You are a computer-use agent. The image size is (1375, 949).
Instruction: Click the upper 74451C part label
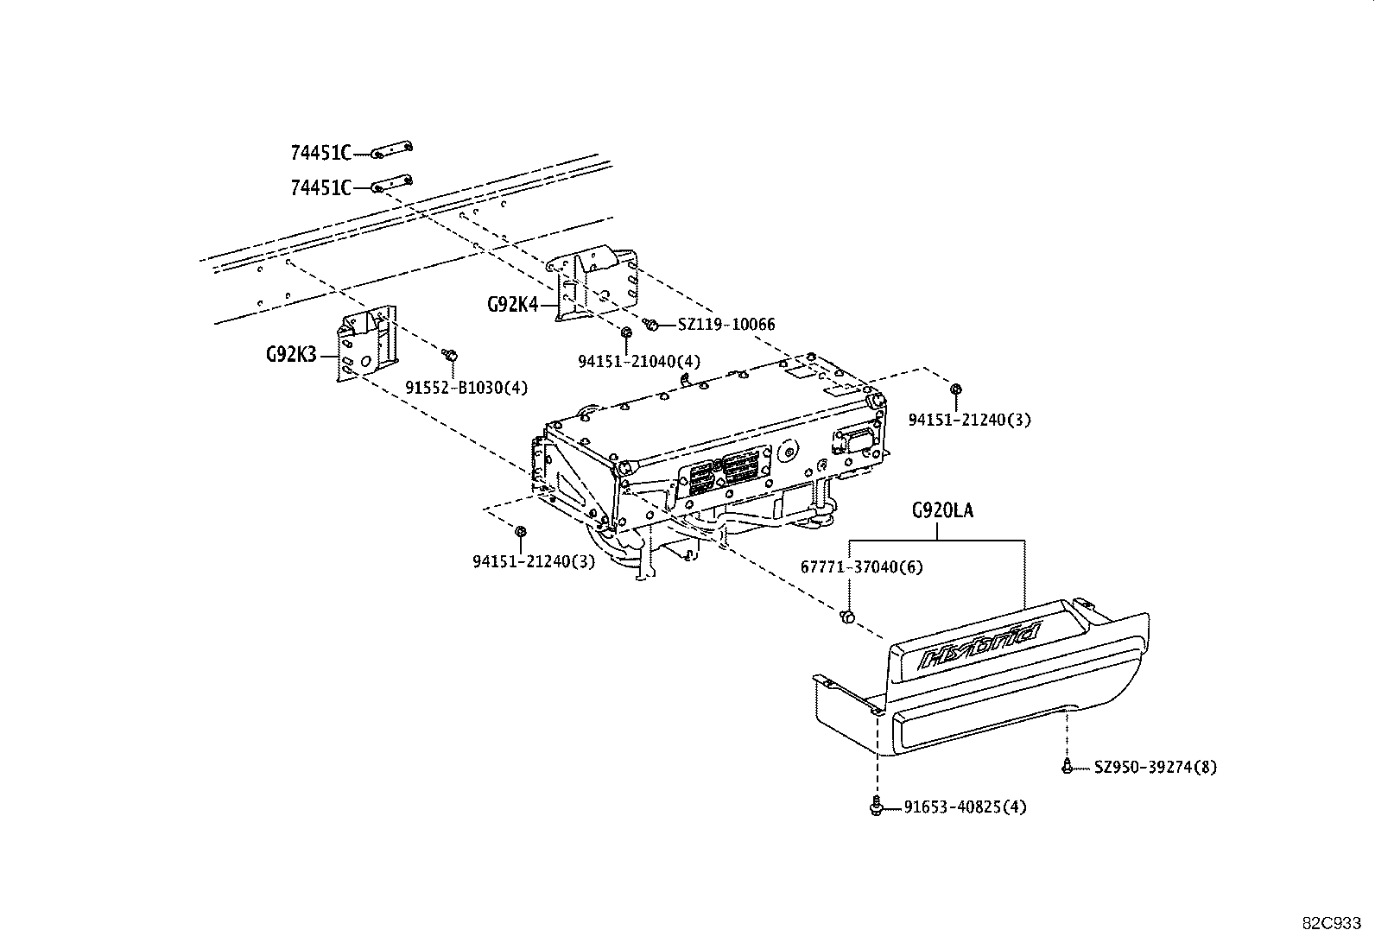pyautogui.click(x=320, y=154)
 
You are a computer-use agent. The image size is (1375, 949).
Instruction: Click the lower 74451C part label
pyautogui.click(x=320, y=187)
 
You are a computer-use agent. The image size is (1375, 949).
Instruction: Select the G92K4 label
pyautogui.click(x=511, y=304)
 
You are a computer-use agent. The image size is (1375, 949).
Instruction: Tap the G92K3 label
pyautogui.click(x=291, y=354)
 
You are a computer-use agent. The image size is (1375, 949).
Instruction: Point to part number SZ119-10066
pyautogui.click(x=726, y=325)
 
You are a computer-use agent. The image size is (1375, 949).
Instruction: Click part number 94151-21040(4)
pyautogui.click(x=639, y=362)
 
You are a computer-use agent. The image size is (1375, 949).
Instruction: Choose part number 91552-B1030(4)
pyautogui.click(x=466, y=388)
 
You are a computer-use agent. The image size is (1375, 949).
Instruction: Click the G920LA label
pyautogui.click(x=941, y=511)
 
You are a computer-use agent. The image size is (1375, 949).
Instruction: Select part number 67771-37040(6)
pyautogui.click(x=861, y=567)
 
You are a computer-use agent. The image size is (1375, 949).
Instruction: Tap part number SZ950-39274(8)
pyautogui.click(x=1155, y=767)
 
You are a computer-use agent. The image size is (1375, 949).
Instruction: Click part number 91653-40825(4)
pyautogui.click(x=965, y=807)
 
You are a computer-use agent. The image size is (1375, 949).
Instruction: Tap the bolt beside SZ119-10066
pyautogui.click(x=652, y=325)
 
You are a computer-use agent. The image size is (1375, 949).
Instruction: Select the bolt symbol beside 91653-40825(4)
pyautogui.click(x=877, y=807)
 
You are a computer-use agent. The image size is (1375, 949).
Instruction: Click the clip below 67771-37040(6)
pyautogui.click(x=847, y=616)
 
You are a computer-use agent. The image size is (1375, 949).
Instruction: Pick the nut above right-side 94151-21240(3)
pyautogui.click(x=956, y=389)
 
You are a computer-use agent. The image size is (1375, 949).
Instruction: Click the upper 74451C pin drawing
pyautogui.click(x=393, y=151)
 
